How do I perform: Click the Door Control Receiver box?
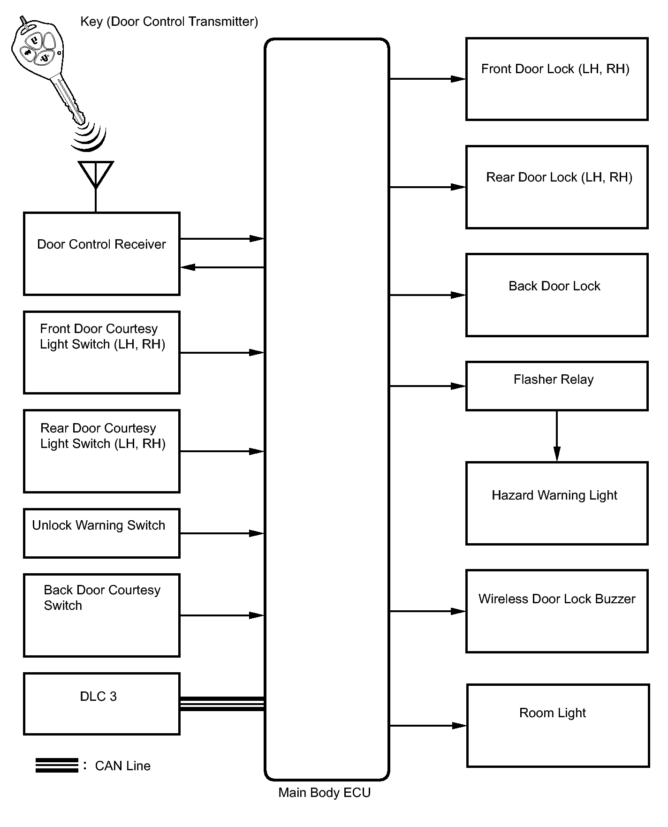coord(102,254)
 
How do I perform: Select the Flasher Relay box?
coord(557,386)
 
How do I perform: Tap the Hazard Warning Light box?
coord(557,503)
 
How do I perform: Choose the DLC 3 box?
coord(102,704)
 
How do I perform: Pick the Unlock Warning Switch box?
coord(102,533)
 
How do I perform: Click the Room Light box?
coord(558,726)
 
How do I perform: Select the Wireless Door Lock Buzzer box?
coord(557,611)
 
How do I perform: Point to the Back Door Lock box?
coord(557,295)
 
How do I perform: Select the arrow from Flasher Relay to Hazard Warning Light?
coord(557,436)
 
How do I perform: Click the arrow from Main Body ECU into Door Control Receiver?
coord(222,267)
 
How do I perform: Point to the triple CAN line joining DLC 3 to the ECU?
coord(222,704)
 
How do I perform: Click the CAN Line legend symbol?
coord(57,765)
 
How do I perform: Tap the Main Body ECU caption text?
coord(325,793)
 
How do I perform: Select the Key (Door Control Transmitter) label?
coord(169,22)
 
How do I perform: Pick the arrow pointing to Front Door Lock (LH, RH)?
coord(427,79)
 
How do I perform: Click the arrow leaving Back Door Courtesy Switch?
coord(222,615)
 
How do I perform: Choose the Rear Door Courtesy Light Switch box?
coord(102,451)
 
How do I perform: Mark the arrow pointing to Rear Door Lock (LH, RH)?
coord(427,187)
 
